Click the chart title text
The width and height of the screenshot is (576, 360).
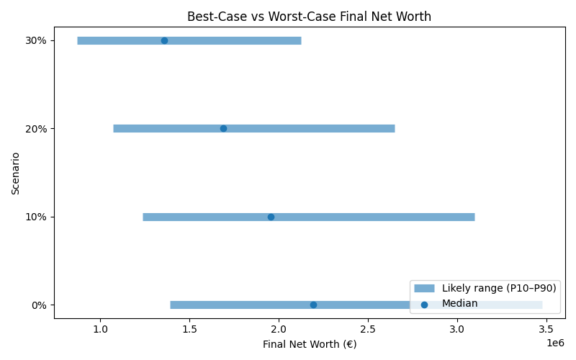pos(309,17)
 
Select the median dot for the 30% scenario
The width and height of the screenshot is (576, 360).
pos(164,40)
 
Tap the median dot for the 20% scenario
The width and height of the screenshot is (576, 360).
pos(223,128)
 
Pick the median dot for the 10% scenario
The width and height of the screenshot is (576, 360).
pos(271,217)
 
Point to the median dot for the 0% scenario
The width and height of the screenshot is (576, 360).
pos(313,305)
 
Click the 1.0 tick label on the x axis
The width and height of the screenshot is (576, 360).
pos(100,330)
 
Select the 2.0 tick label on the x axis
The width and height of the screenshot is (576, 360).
pos(279,330)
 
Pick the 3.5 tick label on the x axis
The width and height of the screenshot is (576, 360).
pos(546,330)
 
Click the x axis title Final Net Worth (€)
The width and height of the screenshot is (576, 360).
pos(309,344)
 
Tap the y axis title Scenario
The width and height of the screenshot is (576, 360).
pos(15,173)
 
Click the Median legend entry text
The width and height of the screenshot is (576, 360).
pos(459,304)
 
